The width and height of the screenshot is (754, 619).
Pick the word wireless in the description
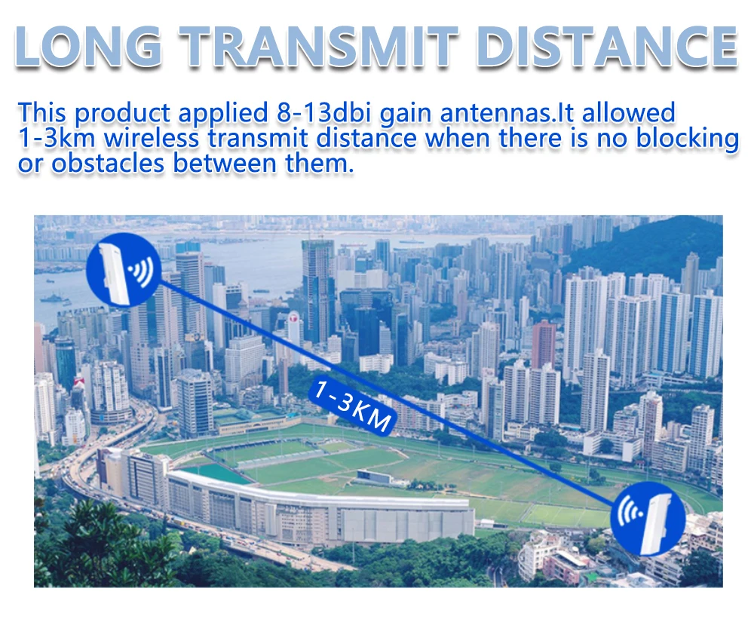(151, 137)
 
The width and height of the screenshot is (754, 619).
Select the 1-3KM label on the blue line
(352, 405)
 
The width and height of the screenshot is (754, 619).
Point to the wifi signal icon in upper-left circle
(141, 271)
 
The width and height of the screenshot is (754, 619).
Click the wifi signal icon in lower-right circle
(630, 512)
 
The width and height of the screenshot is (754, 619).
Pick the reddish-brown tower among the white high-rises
(544, 345)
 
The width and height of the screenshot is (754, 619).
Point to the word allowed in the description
(628, 112)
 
